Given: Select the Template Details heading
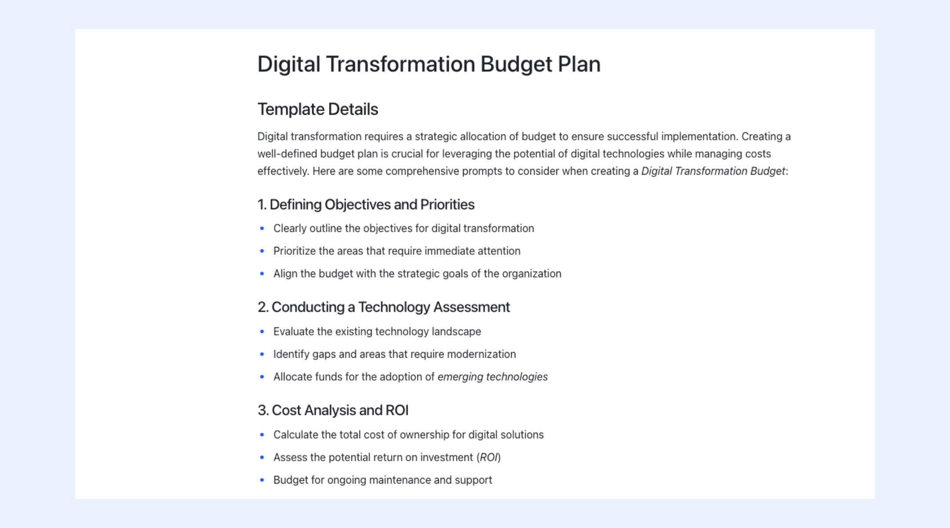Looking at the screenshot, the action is coord(318,109).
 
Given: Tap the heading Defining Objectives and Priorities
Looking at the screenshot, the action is coord(366,205).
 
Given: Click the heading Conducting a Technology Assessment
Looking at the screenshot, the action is coord(384,307).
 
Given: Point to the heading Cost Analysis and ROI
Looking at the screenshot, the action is coord(333,410).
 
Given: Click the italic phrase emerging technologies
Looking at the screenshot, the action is coord(493,377).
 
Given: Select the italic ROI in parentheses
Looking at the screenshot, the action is coord(489,457).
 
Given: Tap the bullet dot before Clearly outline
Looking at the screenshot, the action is coord(262,228).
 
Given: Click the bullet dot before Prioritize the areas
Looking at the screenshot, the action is coord(262,251).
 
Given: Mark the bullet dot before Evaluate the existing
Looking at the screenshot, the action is coord(262,331).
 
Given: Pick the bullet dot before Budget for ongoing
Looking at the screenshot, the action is coord(262,480).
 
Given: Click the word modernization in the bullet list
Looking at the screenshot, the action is coord(481,354).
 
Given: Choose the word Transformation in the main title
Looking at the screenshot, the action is coord(400,64).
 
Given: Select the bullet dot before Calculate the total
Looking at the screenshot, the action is coord(262,435).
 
